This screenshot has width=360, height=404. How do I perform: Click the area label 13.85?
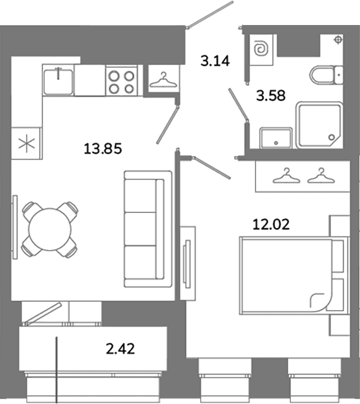[x=103, y=149]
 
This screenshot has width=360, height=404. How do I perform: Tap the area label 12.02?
[x=271, y=224]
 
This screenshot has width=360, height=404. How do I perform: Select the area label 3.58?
[x=271, y=96]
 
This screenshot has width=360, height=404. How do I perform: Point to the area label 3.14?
[x=215, y=61]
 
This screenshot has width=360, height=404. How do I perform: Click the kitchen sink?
[x=58, y=81]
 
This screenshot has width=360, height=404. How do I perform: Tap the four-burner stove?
[x=121, y=81]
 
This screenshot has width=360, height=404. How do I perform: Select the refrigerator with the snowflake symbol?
[x=27, y=143]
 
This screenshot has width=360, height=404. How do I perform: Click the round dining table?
[x=50, y=229]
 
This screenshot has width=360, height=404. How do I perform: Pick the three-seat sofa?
[x=148, y=229]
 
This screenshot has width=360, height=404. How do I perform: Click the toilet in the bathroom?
[x=326, y=75]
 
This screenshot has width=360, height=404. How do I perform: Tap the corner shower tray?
[x=320, y=125]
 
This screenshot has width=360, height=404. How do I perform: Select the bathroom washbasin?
[x=276, y=138]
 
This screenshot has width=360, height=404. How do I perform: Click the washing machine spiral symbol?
[x=261, y=49]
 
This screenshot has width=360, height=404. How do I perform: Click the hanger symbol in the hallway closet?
[x=163, y=81]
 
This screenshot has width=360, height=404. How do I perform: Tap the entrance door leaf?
[x=211, y=15]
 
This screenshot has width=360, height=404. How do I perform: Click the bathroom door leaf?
[x=239, y=104]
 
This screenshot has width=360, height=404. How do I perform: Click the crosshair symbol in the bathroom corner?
[x=338, y=40]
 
